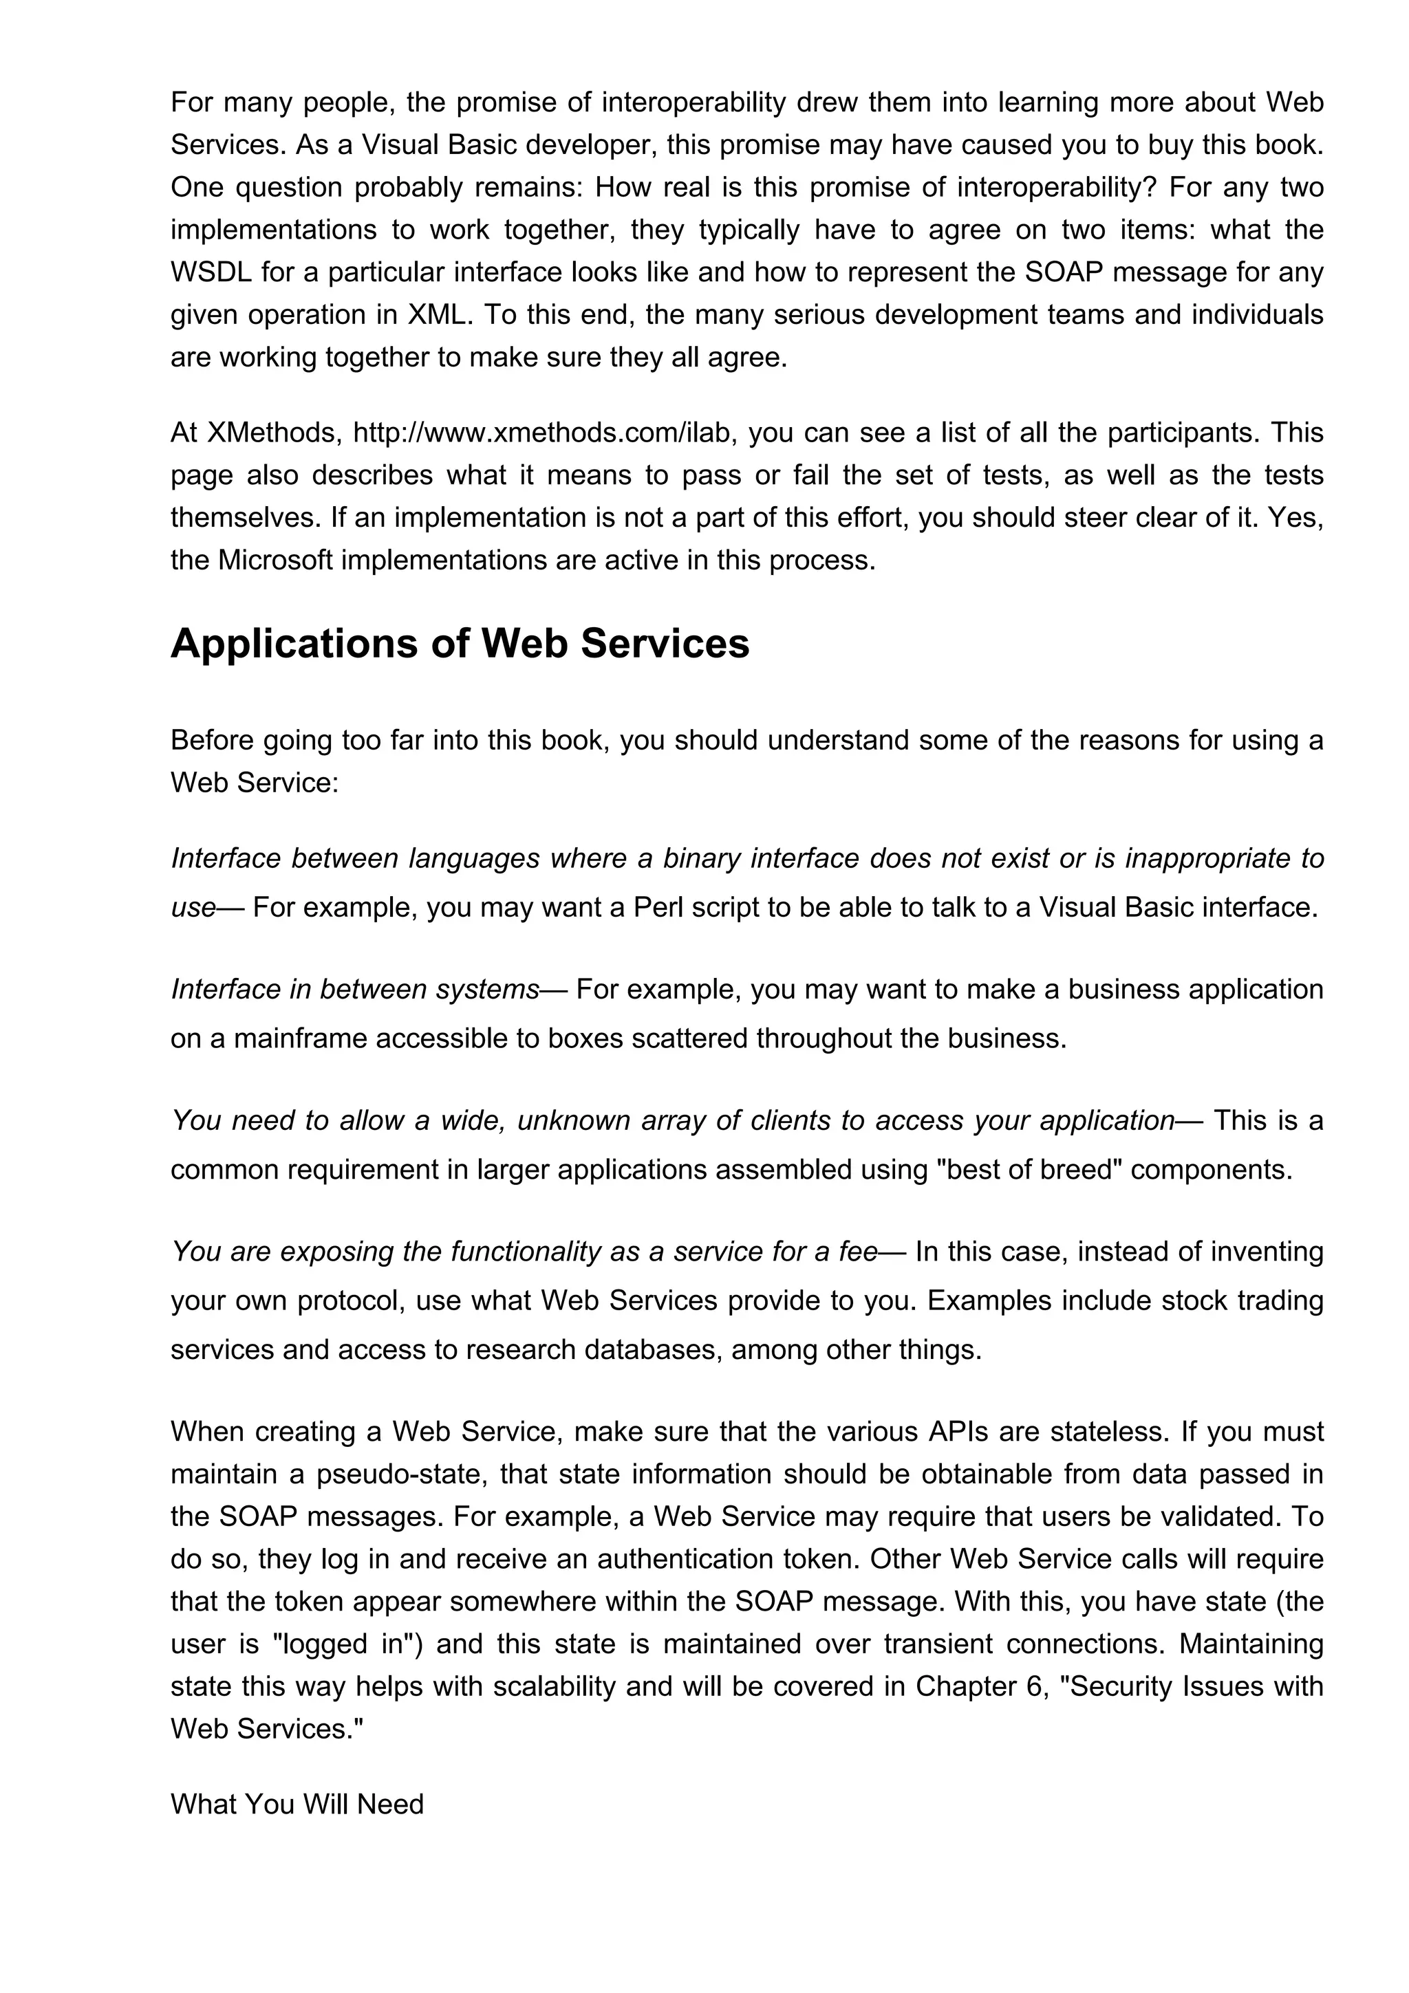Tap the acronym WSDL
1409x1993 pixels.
click(x=211, y=272)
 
